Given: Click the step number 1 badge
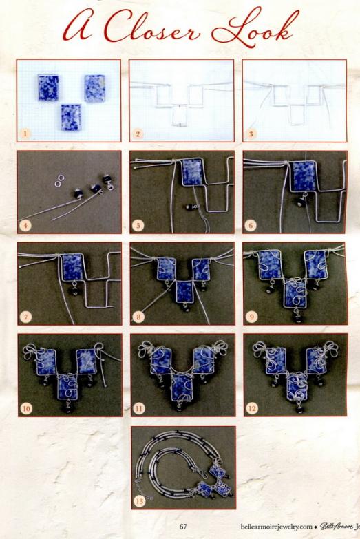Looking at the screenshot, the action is [25, 134].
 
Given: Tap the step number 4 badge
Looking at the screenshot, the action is [25, 226].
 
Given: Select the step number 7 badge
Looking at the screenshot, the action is [25, 317].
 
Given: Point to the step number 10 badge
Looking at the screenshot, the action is [26, 408].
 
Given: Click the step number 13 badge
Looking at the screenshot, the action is [139, 501].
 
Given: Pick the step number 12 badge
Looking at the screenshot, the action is [252, 408].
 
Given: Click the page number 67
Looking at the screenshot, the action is [183, 527].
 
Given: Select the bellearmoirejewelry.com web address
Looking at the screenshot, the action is [277, 527].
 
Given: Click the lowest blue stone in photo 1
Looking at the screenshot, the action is [71, 117].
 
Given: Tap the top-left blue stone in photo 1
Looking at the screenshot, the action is [48, 87].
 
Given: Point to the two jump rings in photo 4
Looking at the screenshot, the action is [60, 180].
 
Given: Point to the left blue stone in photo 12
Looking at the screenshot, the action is [276, 361].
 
